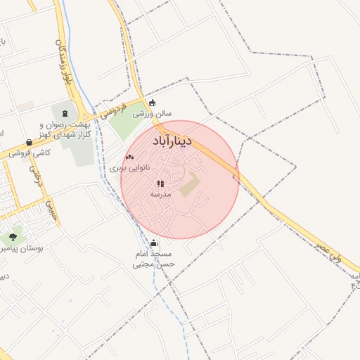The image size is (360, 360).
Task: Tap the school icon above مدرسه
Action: click(160, 184)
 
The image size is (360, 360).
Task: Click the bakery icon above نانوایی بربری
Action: click(129, 157)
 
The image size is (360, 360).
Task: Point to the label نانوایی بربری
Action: click(129, 169)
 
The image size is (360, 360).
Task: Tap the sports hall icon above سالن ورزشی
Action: click(152, 103)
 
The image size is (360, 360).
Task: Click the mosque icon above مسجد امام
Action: click(154, 243)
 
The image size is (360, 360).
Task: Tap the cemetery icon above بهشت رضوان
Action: click(65, 115)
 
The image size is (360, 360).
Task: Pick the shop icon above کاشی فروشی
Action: click(28, 142)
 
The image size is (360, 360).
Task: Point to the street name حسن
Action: click(50, 209)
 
